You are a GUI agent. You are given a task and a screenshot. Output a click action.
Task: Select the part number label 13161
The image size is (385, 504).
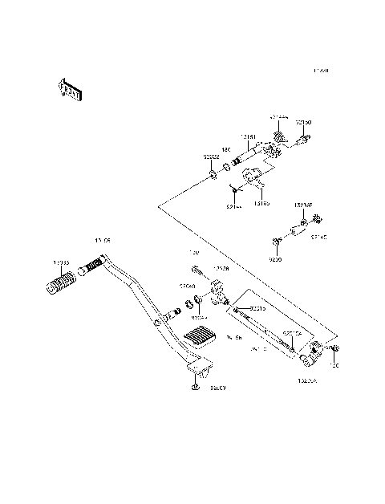(x=249, y=138)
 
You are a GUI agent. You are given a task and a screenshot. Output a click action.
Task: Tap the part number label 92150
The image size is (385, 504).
(x=304, y=122)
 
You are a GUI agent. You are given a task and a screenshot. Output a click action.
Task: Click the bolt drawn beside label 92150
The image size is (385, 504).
(x=303, y=140)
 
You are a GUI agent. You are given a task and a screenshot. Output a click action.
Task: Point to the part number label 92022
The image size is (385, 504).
(x=210, y=156)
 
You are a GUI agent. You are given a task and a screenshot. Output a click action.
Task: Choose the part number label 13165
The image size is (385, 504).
(x=261, y=203)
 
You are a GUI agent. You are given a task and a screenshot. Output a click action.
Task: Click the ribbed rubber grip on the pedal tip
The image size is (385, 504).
(x=62, y=282)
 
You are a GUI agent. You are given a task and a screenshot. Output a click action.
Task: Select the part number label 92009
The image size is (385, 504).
(x=218, y=388)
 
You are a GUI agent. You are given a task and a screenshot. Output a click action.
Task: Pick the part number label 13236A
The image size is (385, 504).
(x=307, y=380)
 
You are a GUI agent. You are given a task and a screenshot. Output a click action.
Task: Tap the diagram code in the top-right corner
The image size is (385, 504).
(x=321, y=71)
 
